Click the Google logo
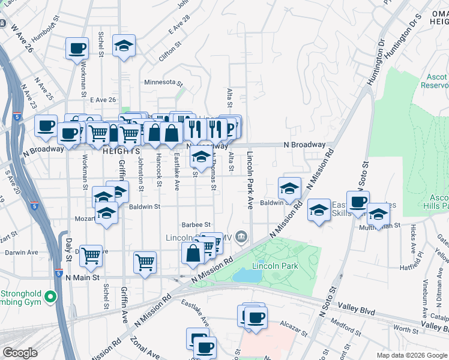[20, 353]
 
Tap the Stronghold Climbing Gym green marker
[50, 296]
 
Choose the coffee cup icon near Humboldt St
[77, 48]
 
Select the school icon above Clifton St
[124, 46]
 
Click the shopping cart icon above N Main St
[145, 261]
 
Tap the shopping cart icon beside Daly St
[91, 255]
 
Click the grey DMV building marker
[241, 237]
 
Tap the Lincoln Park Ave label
[249, 180]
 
